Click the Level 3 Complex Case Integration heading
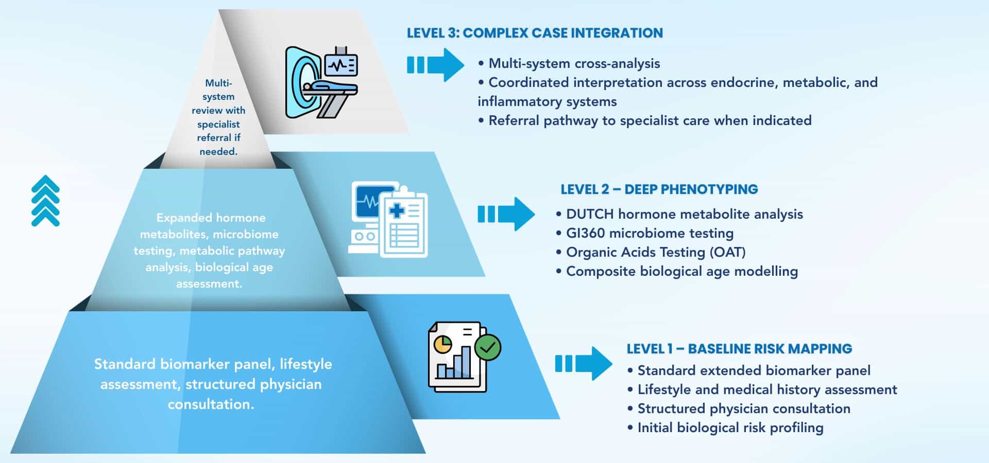[535, 33]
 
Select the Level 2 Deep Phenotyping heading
[659, 189]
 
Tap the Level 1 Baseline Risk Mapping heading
[739, 349]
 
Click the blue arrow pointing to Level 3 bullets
[436, 65]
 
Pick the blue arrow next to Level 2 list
[506, 214]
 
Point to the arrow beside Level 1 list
[584, 364]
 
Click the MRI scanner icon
[321, 82]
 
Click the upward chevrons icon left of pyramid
[45, 201]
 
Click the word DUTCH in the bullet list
[590, 214]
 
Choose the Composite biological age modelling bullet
[681, 271]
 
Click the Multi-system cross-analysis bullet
[574, 63]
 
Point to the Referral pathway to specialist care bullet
[650, 120]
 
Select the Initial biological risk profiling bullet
[730, 428]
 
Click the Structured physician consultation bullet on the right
[743, 408]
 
